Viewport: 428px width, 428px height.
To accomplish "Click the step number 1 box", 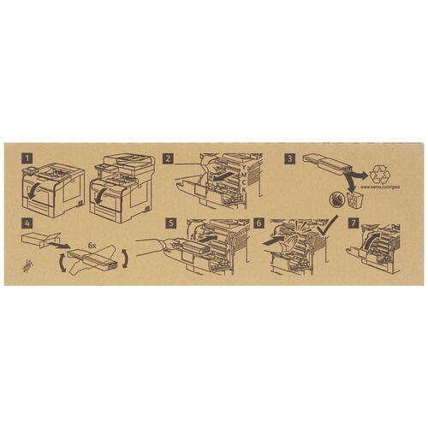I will (29, 159).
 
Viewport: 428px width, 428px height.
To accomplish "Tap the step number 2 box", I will (169, 159).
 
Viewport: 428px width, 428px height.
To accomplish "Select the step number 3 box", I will (290, 159).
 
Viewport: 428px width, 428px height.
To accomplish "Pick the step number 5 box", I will (171, 225).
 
